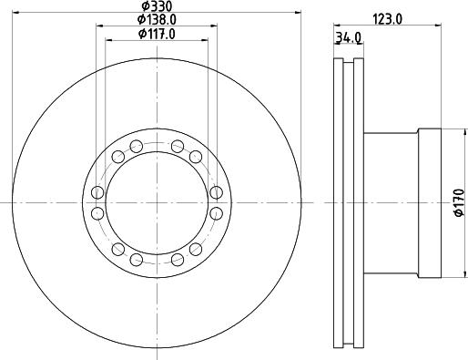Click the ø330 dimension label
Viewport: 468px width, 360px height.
pos(157,5)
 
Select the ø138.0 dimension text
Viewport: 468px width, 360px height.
pos(157,19)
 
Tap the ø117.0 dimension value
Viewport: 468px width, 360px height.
pos(157,34)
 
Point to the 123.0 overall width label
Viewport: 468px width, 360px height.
pos(387,19)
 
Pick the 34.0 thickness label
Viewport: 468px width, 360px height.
pos(349,37)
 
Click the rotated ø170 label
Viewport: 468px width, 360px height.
pos(459,203)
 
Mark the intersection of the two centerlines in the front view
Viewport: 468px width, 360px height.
pos(157,202)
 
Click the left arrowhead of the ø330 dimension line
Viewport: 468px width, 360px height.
pos(15,12)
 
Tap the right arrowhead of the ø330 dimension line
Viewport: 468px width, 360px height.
pos(298,12)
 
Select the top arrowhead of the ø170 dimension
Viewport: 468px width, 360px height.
pos(464,132)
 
